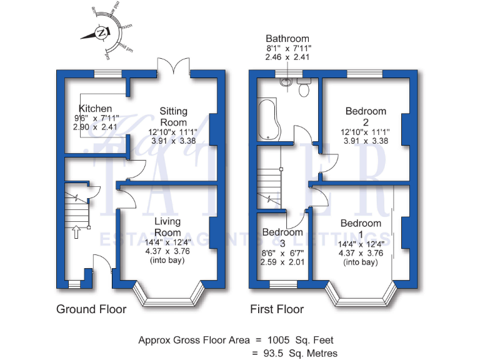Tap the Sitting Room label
tap(173, 117)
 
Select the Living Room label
tap(167, 227)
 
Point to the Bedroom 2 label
tap(366, 116)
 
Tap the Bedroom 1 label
tap(361, 228)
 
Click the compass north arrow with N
tap(99, 32)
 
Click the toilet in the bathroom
tap(304, 88)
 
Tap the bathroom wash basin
tap(286, 81)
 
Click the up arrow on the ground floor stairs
tap(77, 233)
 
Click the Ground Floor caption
tap(91, 309)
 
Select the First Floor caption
tap(277, 309)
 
